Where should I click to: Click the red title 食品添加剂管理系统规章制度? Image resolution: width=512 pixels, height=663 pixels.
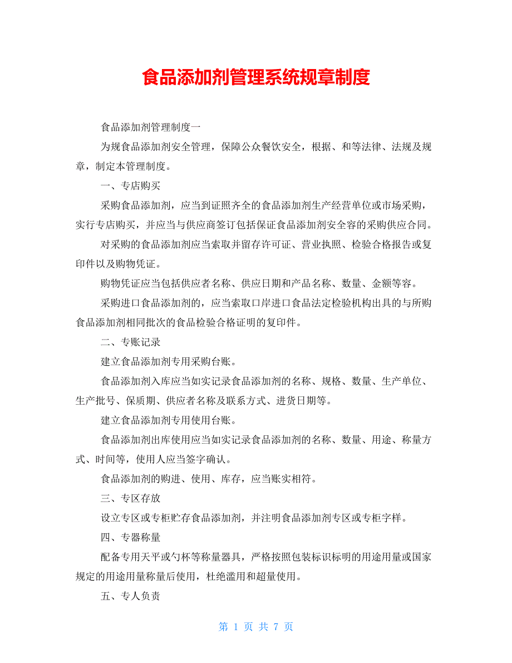tap(256, 77)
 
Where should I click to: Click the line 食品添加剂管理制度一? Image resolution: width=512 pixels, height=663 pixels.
tap(150, 127)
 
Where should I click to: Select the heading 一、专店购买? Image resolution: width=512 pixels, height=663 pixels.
tap(130, 185)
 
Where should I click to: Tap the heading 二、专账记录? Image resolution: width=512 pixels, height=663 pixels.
tap(130, 342)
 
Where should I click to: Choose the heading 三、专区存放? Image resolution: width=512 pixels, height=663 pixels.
tap(130, 498)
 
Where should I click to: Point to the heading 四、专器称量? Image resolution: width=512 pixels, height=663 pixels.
tap(130, 537)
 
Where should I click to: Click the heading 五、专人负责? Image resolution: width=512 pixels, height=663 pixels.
tap(130, 596)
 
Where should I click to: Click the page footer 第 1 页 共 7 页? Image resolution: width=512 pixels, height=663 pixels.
tap(256, 627)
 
